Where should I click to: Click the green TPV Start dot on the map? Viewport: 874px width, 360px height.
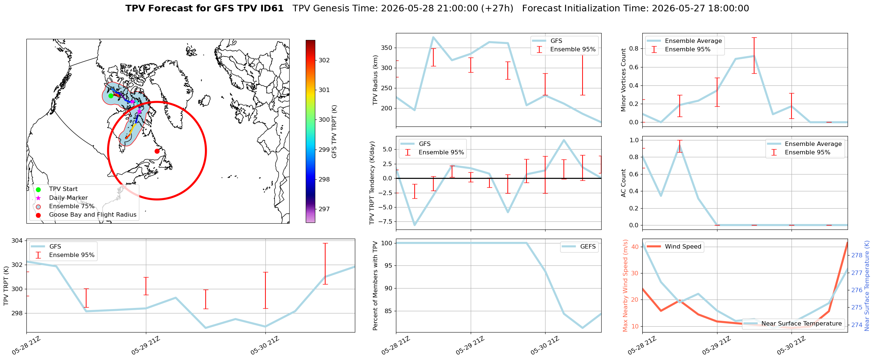pos(111,96)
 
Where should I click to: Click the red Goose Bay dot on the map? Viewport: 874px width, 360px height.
pos(157,151)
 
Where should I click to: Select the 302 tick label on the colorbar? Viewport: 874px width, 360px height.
pos(324,60)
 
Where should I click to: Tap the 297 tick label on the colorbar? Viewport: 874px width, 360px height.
pos(324,209)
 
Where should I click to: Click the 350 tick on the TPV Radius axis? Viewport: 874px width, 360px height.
pos(387,48)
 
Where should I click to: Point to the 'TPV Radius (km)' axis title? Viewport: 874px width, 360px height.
pos(375,80)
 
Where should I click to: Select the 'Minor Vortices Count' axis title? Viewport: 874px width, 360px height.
pos(624,80)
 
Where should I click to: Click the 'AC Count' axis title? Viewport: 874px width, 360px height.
pos(624,183)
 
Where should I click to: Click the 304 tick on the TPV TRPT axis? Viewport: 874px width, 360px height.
pos(17,240)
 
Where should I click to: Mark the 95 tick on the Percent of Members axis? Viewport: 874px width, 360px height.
pos(388,266)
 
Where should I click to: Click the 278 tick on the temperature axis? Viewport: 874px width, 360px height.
pos(857,256)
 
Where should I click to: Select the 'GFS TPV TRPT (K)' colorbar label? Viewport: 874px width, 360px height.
pos(334,132)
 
